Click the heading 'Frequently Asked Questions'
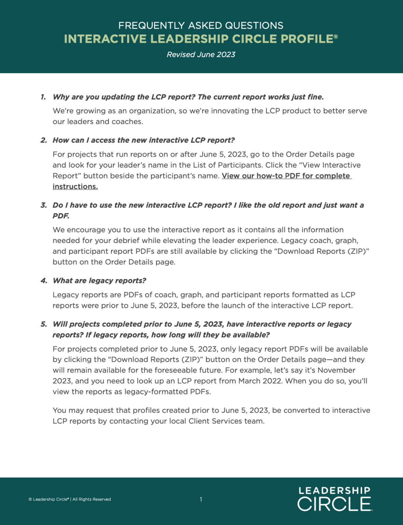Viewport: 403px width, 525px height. tap(201, 26)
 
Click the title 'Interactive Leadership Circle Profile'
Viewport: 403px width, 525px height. tap(201, 39)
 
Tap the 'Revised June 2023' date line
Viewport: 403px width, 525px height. tap(201, 55)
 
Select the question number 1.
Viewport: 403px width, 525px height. tap(43, 97)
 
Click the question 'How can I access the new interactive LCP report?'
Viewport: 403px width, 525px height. tap(144, 140)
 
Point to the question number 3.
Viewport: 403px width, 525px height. tap(43, 205)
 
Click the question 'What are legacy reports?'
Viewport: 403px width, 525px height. tap(99, 281)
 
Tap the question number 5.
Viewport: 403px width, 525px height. tap(44, 324)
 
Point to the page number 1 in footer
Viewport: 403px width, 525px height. tap(201, 499)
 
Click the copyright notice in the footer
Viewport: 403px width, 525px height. tap(70, 499)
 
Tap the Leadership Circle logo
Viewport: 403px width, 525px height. tap(334, 499)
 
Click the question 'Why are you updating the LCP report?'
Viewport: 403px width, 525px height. tap(124, 97)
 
